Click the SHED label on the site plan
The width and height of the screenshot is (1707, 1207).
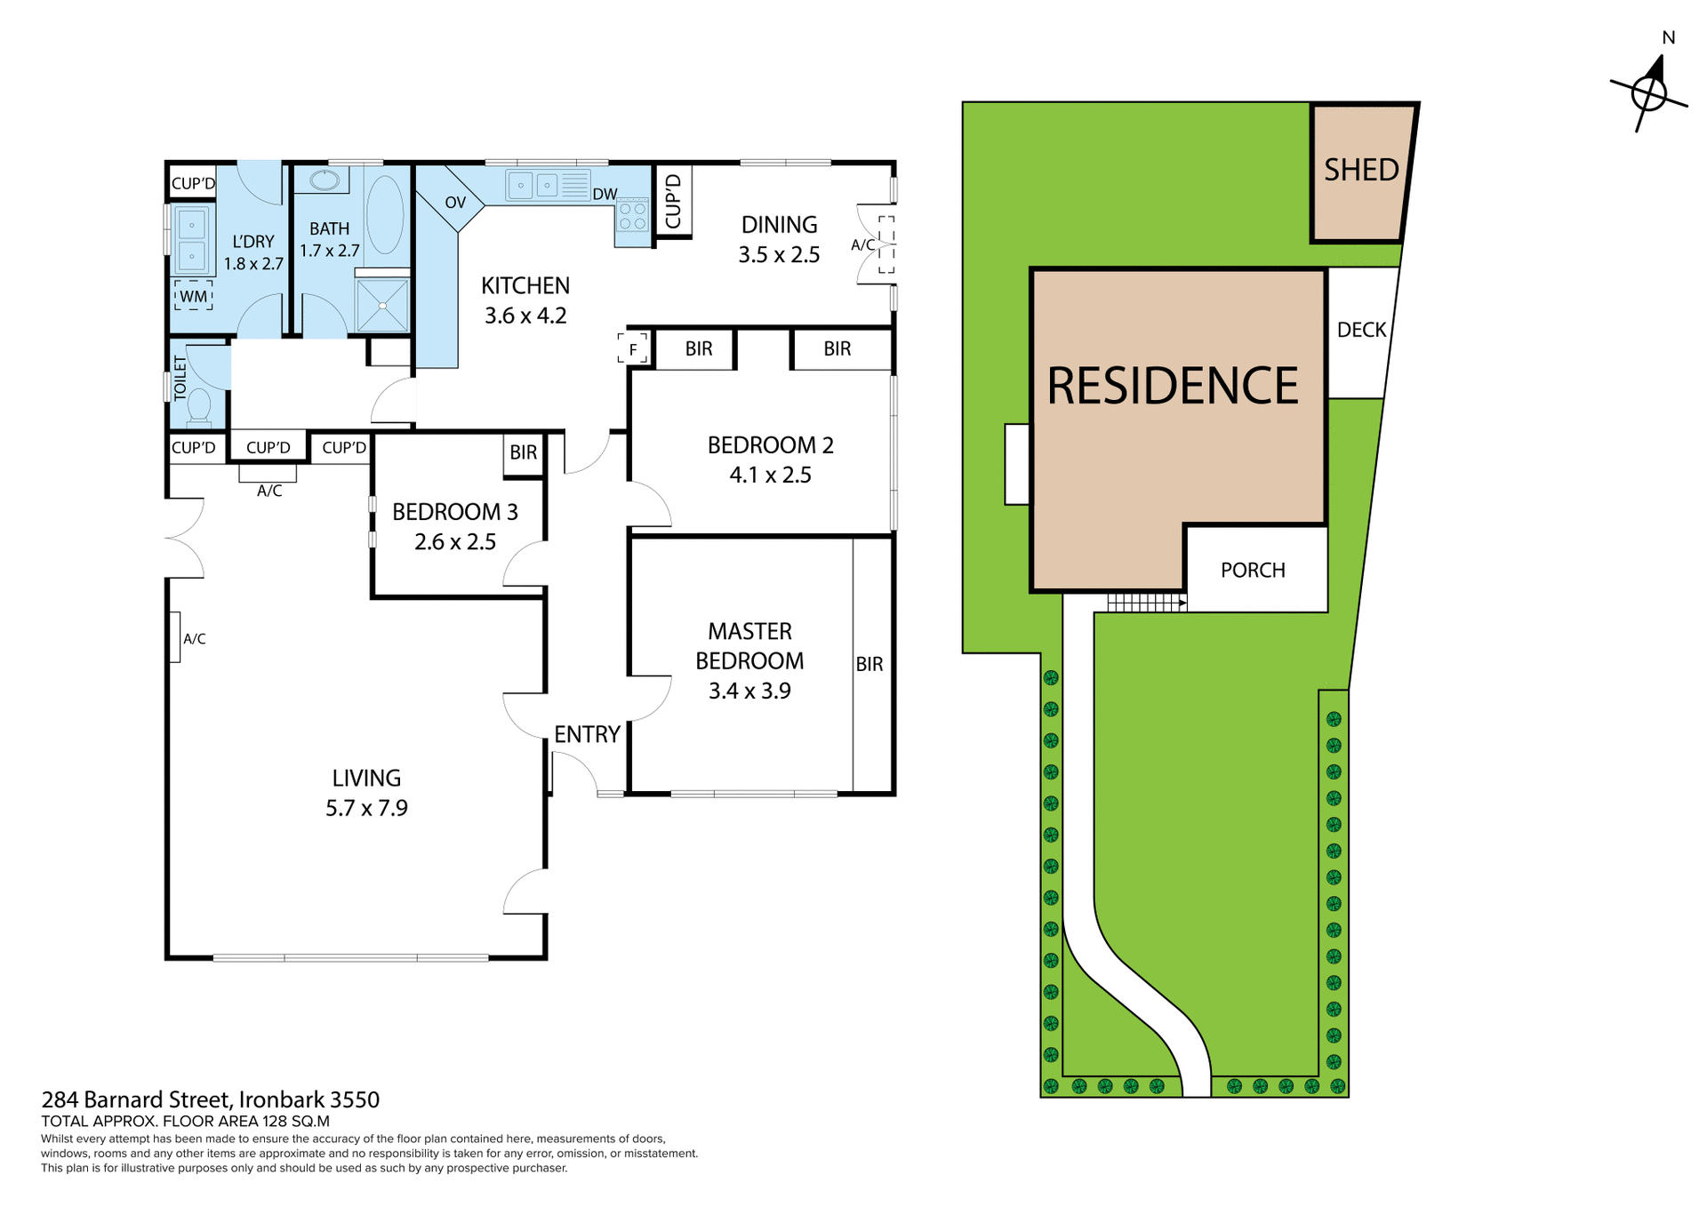click(x=1360, y=170)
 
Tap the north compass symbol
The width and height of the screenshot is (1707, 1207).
click(x=1649, y=92)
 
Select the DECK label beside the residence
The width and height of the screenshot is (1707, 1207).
click(x=1361, y=330)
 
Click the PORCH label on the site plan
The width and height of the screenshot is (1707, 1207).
click(x=1252, y=570)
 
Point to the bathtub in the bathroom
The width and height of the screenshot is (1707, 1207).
click(x=385, y=214)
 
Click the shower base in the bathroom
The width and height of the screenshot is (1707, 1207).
click(x=382, y=305)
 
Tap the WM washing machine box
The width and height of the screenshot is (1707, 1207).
click(x=193, y=296)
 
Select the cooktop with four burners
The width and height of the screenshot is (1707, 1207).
click(x=633, y=217)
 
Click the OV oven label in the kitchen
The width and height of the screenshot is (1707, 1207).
click(x=455, y=203)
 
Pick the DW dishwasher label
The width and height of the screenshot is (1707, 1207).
click(x=605, y=195)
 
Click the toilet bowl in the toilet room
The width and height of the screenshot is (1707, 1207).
click(x=198, y=407)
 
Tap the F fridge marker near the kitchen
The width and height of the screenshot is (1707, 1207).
click(x=633, y=349)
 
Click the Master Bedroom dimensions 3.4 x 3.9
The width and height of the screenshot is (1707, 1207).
click(x=749, y=691)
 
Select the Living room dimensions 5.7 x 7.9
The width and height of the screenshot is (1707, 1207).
click(x=366, y=808)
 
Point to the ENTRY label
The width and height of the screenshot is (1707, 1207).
click(x=587, y=734)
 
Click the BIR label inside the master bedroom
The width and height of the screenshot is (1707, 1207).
click(x=869, y=664)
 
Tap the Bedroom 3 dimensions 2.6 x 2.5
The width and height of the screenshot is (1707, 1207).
click(x=454, y=541)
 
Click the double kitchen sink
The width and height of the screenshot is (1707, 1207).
click(x=534, y=186)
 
